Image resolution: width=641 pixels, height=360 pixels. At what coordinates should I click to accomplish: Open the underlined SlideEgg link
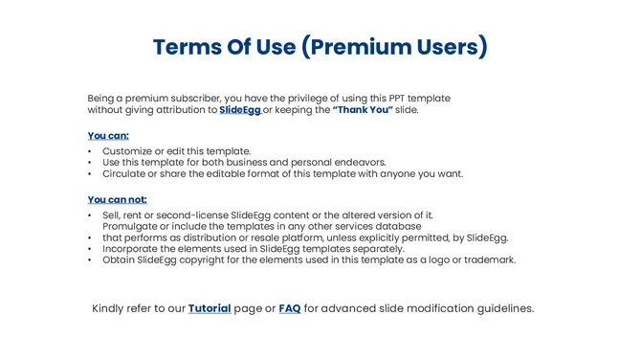240,110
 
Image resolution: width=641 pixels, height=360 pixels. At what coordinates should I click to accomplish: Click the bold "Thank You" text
363,110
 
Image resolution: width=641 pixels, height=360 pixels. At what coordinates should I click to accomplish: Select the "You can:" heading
108,136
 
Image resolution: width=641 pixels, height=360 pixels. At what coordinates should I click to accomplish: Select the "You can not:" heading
117,200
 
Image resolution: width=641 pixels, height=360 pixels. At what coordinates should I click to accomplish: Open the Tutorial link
210,308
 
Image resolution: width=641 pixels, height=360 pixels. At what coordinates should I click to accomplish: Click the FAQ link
290,308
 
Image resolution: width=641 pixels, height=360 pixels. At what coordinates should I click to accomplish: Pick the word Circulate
128,174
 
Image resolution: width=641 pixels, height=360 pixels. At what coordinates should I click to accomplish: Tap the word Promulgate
135,226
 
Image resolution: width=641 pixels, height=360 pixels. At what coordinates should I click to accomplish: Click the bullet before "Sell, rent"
90,215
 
